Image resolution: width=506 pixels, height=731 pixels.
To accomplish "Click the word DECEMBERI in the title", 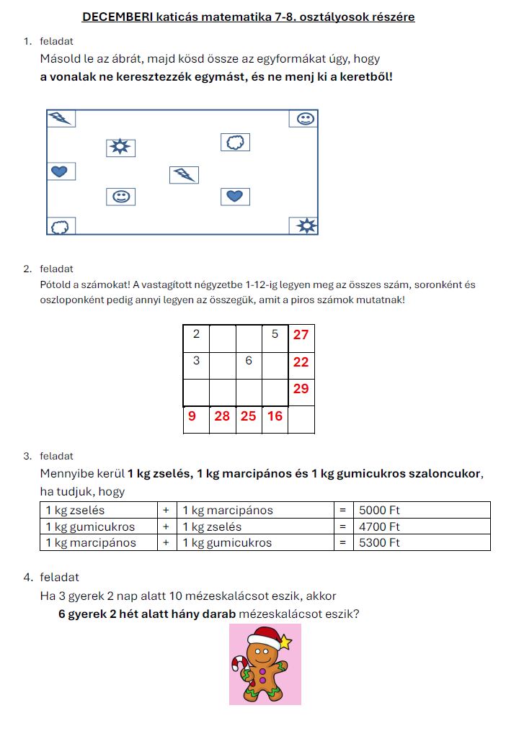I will (x=111, y=17).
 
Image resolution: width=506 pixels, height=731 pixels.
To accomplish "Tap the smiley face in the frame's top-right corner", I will (x=305, y=118).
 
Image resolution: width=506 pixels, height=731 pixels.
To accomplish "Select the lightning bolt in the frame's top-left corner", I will (x=61, y=118).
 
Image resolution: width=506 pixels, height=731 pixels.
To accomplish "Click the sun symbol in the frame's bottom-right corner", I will (x=305, y=226).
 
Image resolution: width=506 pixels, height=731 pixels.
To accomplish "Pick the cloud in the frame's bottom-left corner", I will (x=61, y=227).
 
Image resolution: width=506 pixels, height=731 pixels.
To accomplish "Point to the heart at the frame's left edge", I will (x=61, y=171).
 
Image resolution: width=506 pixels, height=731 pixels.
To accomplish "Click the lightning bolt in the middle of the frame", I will (x=185, y=175).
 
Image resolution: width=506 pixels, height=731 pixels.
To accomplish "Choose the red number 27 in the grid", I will (x=301, y=335).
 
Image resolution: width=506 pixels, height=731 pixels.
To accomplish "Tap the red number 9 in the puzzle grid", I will (x=192, y=416).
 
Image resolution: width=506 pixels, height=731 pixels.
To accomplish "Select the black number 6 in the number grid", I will (x=248, y=360).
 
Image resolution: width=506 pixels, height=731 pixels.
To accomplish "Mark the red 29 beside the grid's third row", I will (x=301, y=388).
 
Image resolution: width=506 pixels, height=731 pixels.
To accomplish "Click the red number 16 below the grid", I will (x=274, y=416).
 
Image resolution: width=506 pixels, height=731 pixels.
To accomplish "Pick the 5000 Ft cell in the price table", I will (x=379, y=511).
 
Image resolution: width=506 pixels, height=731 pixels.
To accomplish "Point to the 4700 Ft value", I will (x=379, y=526).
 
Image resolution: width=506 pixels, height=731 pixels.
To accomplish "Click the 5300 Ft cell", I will (x=379, y=543).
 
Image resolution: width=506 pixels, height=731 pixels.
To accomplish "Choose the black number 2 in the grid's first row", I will (x=196, y=334).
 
